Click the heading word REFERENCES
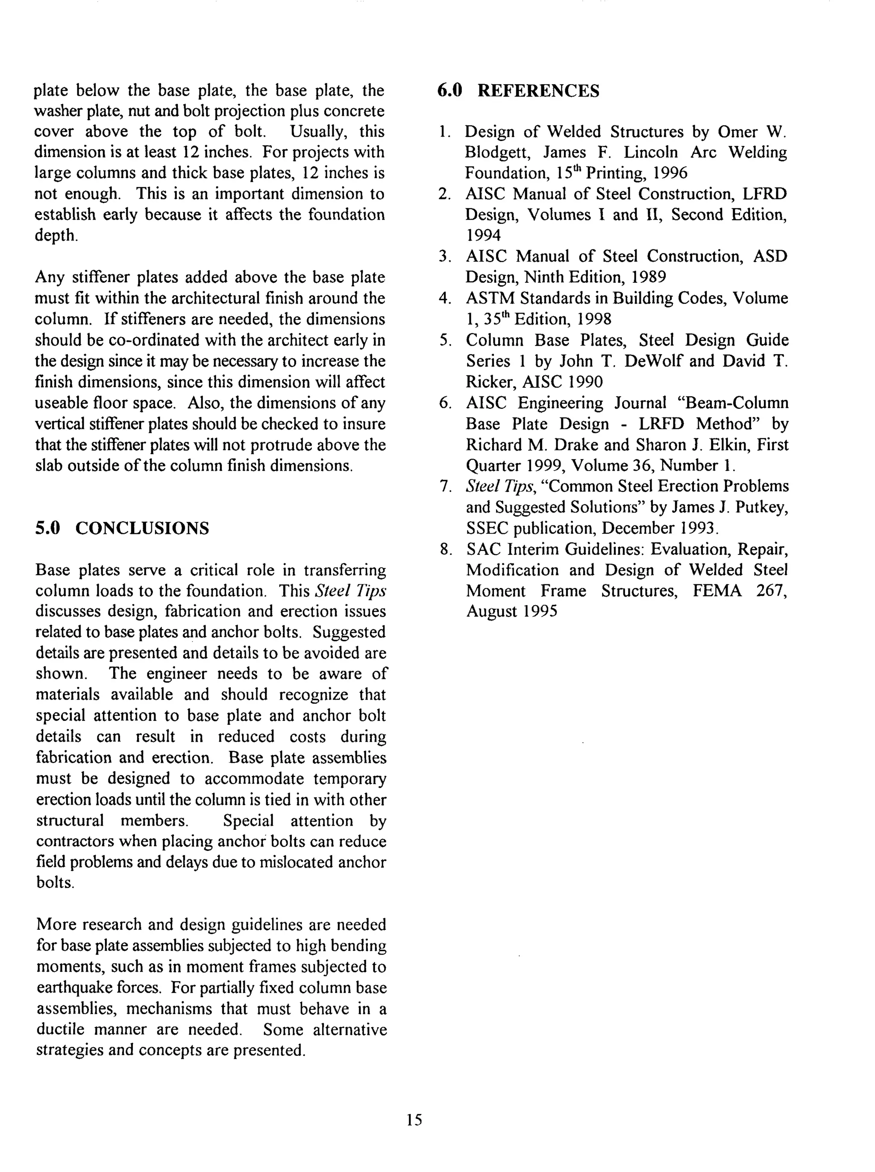point(538,91)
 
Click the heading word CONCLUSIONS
point(142,528)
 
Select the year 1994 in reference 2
point(483,236)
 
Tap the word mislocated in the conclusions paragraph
point(296,862)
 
